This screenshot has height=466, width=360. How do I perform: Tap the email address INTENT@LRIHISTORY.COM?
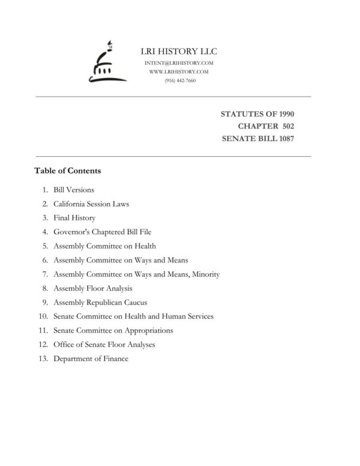point(179,63)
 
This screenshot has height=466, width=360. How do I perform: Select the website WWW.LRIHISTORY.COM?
point(179,71)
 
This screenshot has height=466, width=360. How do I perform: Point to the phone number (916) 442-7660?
point(179,80)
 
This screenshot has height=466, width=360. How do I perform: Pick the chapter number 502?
point(285,126)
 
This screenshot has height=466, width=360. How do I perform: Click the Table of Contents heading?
point(68,171)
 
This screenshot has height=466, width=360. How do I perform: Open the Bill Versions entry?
point(74,190)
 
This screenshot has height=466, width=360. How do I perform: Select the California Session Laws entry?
point(91,204)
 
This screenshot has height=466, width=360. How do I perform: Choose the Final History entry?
point(74,218)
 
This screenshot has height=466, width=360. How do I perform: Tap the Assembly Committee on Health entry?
point(104,246)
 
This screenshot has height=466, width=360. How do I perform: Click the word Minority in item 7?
point(205,274)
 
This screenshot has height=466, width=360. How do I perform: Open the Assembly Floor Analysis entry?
point(93,289)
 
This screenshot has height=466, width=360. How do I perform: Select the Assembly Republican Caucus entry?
point(100,303)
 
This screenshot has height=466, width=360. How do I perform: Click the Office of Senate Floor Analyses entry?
point(104,345)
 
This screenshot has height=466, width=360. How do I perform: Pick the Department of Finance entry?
point(91,359)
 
